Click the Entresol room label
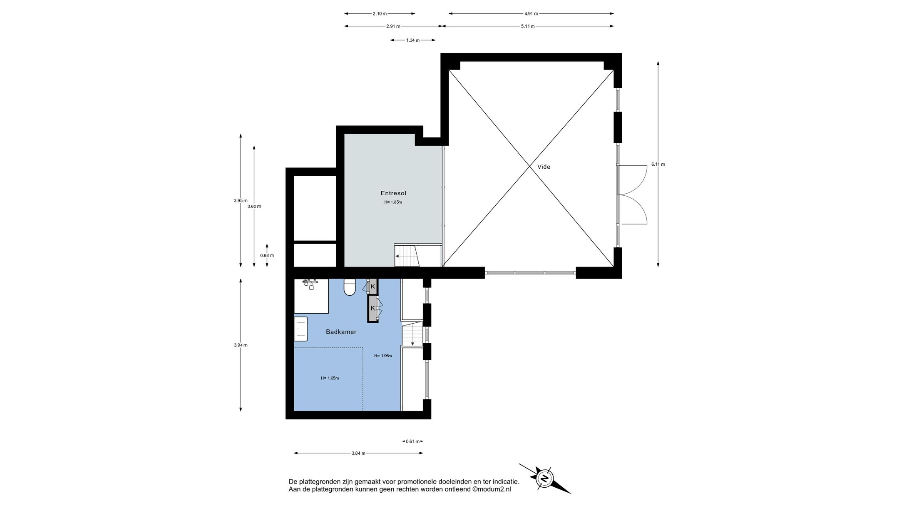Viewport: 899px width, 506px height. click(393, 193)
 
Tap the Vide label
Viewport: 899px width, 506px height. click(544, 167)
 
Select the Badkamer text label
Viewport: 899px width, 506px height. click(341, 332)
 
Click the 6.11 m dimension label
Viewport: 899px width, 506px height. click(658, 164)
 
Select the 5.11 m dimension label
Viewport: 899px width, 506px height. click(528, 26)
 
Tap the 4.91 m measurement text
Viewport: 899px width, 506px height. click(531, 14)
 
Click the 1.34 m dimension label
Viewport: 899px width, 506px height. click(412, 40)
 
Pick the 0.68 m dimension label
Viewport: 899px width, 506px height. click(267, 255)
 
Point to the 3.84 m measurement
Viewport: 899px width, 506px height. click(358, 454)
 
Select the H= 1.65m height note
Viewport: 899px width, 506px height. click(330, 378)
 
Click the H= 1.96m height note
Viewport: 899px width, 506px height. click(383, 356)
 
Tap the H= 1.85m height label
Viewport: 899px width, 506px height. click(393, 202)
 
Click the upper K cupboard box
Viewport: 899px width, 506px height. click(373, 286)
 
